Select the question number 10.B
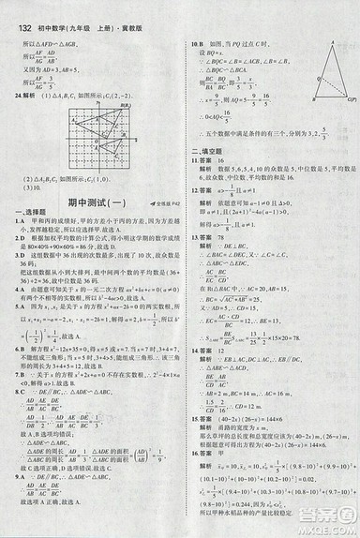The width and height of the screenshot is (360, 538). coord(196,44)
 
